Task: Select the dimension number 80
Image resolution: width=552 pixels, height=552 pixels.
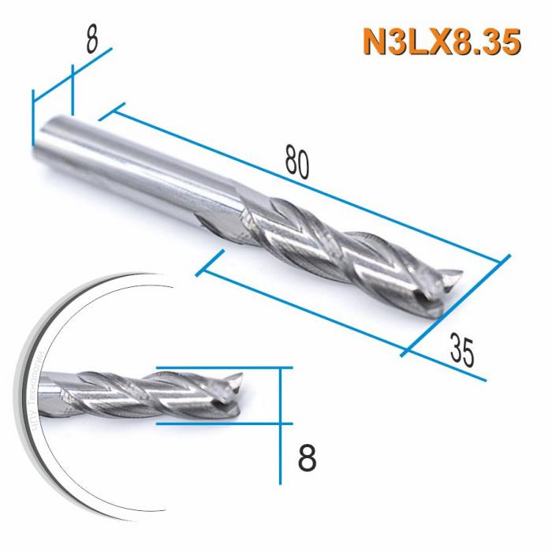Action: tap(297, 162)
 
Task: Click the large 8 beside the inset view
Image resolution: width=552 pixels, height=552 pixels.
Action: tap(308, 458)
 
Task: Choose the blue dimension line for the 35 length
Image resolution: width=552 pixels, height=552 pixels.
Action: tap(308, 308)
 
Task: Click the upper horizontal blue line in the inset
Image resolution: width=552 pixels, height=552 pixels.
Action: tap(225, 367)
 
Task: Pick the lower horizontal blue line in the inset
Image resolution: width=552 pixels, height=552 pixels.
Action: tap(225, 423)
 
